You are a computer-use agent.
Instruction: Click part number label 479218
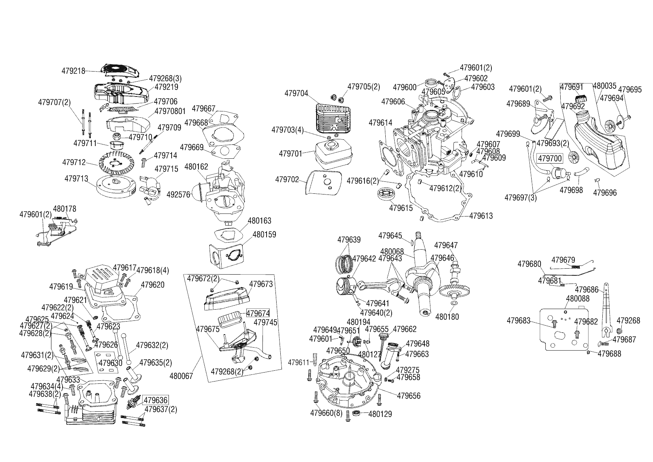73,71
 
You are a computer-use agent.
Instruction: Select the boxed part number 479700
550,159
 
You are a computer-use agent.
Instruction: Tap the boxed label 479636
156,401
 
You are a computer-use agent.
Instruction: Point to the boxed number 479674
258,313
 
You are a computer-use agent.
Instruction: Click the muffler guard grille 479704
332,117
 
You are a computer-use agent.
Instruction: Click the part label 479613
481,216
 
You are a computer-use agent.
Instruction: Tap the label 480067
181,376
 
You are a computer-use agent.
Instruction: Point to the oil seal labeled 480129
356,413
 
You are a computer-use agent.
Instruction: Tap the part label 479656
408,396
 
